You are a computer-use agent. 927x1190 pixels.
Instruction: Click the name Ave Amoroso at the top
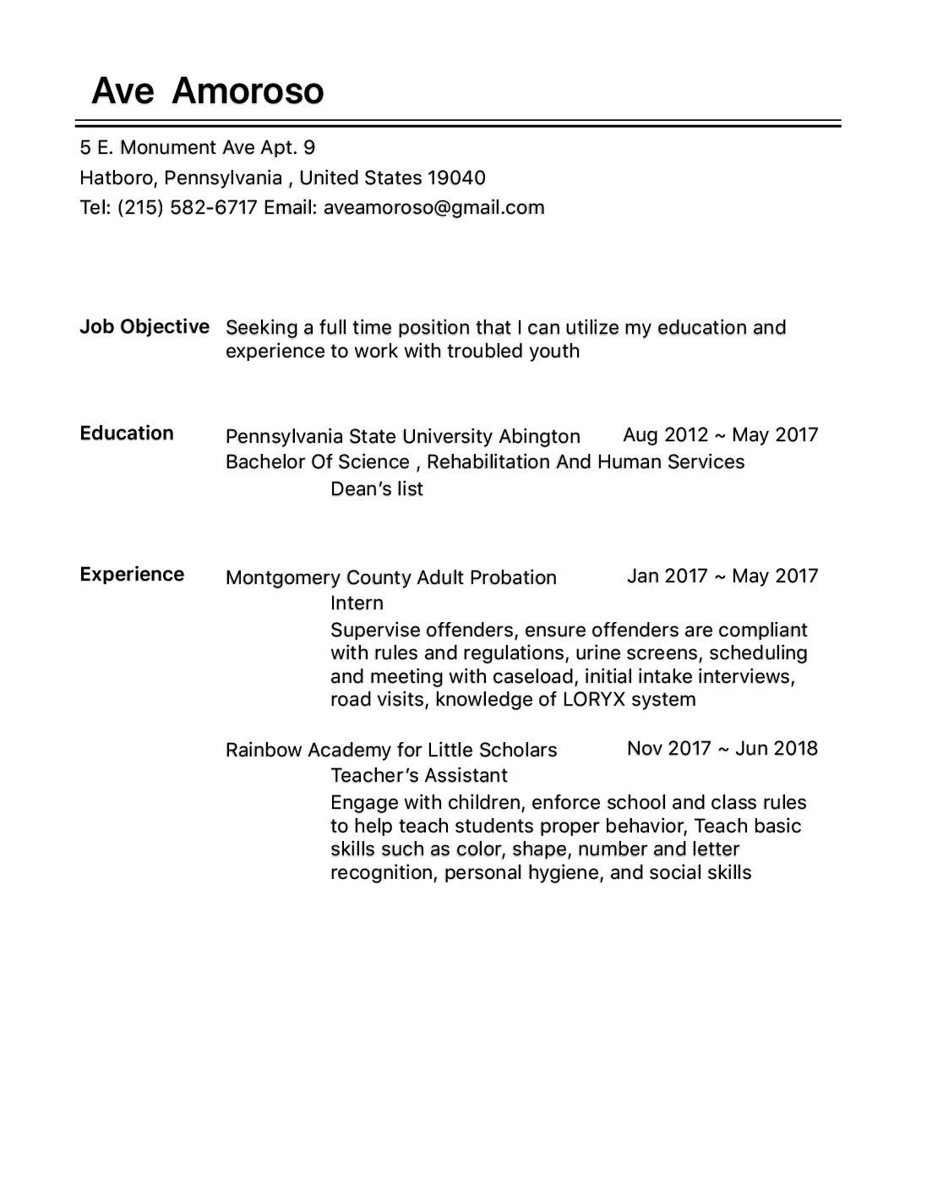click(x=207, y=91)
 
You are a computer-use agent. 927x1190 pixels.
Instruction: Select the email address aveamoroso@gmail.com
click(x=434, y=208)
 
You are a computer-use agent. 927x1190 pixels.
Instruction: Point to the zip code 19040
click(x=456, y=178)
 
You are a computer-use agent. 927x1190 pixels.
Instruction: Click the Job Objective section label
click(x=145, y=327)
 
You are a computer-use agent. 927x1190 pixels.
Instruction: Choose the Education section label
click(x=127, y=434)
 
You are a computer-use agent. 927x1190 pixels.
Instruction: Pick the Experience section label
click(x=132, y=575)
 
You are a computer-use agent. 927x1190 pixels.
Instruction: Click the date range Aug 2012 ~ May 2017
click(x=720, y=435)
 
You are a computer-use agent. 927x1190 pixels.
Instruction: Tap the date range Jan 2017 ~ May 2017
click(x=723, y=576)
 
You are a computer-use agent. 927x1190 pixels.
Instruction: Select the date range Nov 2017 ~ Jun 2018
click(x=723, y=749)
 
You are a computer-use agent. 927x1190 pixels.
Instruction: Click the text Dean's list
click(x=377, y=489)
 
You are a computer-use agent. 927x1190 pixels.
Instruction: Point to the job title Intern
click(x=357, y=603)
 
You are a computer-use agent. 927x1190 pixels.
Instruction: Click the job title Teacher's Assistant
click(x=419, y=776)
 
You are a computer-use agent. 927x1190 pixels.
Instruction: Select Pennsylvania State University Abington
click(x=402, y=437)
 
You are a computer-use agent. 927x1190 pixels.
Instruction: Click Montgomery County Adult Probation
click(x=391, y=578)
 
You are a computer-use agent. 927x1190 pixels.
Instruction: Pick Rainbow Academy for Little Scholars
click(x=391, y=751)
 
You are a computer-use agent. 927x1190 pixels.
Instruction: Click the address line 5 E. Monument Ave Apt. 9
click(x=198, y=148)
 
